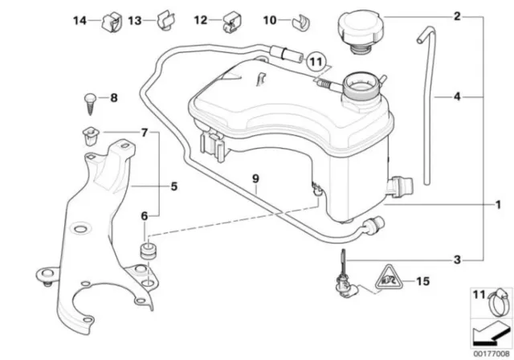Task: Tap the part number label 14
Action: pyautogui.click(x=80, y=21)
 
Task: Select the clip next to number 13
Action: pyautogui.click(x=166, y=20)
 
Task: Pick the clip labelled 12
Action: pyautogui.click(x=232, y=22)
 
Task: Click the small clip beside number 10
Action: pyautogui.click(x=301, y=22)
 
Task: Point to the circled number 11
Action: pyautogui.click(x=316, y=61)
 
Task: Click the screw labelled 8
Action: pyautogui.click(x=90, y=104)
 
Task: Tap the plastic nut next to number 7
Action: pyautogui.click(x=90, y=137)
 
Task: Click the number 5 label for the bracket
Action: pyautogui.click(x=174, y=186)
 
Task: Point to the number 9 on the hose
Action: pyautogui.click(x=255, y=178)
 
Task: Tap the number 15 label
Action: pyautogui.click(x=423, y=281)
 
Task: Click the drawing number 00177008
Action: pyautogui.click(x=491, y=354)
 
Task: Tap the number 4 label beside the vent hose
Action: pyautogui.click(x=457, y=96)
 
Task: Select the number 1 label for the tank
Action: pyautogui.click(x=498, y=205)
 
